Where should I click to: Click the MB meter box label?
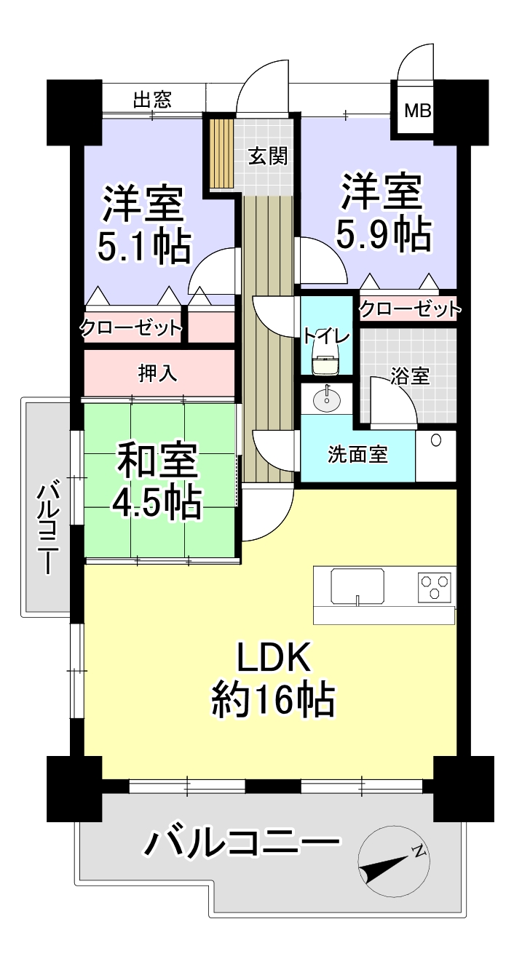click(x=418, y=112)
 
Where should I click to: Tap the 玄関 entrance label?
click(x=268, y=156)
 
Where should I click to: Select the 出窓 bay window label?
click(x=152, y=100)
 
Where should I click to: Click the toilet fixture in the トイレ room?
click(x=327, y=359)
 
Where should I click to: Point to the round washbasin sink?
click(x=327, y=400)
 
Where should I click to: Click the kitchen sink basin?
click(x=357, y=587)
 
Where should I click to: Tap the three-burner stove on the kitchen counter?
click(x=435, y=586)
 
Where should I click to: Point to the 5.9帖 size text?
click(x=384, y=235)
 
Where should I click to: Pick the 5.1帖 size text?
click(x=144, y=247)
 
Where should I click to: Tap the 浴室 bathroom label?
click(x=410, y=375)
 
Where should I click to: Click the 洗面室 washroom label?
click(x=358, y=454)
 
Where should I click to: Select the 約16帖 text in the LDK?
click(x=273, y=701)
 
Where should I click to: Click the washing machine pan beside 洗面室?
click(x=435, y=456)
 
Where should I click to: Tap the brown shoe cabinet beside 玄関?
click(x=221, y=154)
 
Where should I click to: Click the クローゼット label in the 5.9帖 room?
click(x=409, y=309)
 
